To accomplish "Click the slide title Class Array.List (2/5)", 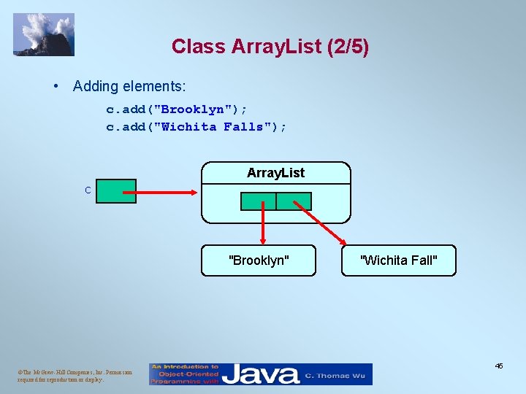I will (270, 47).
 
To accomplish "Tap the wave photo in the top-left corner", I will (44, 34).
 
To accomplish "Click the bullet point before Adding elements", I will (56, 86).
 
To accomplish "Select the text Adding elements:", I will (129, 86).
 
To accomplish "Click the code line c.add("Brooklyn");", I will (177, 109).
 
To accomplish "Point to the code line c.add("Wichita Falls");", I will (197, 127).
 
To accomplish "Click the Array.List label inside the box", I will (275, 173).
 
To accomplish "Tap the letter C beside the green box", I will (88, 190).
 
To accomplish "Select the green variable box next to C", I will (116, 191).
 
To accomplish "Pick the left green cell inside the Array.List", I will (259, 201).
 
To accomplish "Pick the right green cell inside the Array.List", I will (294, 201).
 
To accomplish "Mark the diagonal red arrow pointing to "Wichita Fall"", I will (321, 227).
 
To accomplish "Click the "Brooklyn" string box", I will (259, 260).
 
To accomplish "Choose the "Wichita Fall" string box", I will (398, 260).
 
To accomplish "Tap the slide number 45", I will (498, 366).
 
